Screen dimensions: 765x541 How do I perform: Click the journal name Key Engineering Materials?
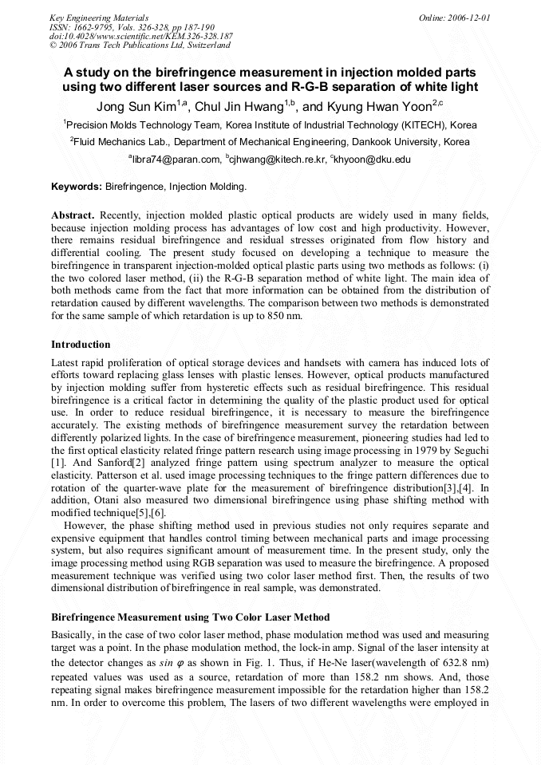click(x=99, y=17)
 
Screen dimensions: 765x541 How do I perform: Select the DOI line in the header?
click(x=140, y=36)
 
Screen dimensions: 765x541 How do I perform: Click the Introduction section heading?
click(x=81, y=345)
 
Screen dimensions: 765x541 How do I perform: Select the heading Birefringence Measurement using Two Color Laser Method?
click(x=190, y=617)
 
